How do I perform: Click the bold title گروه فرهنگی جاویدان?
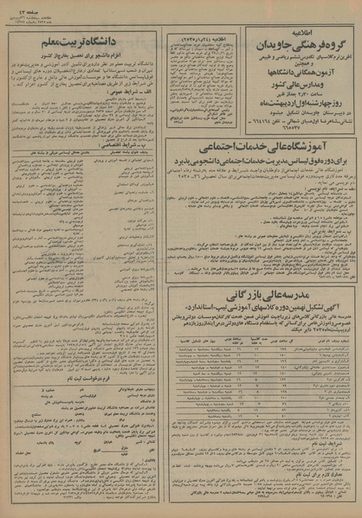coord(300,39)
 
